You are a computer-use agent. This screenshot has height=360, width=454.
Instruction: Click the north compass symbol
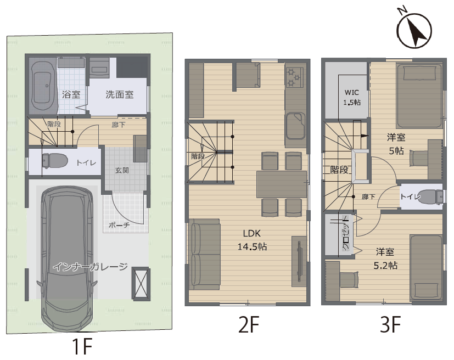414,30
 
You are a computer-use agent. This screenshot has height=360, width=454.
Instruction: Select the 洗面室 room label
119,94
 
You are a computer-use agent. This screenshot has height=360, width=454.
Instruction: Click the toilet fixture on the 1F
54,160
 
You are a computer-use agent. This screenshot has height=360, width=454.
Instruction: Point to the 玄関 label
122,170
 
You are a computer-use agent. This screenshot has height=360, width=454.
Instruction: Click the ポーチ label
119,225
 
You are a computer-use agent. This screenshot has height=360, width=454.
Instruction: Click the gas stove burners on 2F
295,77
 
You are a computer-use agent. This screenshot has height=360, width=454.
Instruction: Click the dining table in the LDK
282,184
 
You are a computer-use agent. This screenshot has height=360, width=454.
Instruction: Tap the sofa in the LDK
205,254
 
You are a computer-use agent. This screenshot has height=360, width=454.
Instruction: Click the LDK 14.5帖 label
252,240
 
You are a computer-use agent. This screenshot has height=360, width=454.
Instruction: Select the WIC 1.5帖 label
352,97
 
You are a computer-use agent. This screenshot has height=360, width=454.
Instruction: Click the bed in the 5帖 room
419,96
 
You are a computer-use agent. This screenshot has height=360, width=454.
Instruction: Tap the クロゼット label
346,233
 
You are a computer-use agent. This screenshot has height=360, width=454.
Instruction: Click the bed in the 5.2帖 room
426,268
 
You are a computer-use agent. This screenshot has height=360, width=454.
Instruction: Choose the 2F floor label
249,324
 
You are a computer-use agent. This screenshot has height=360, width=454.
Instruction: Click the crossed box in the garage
141,284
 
